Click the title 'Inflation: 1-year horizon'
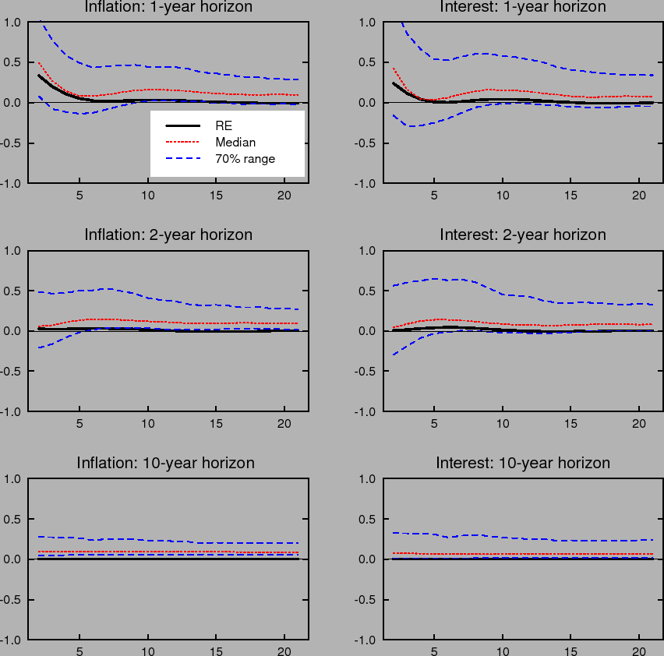(168, 7)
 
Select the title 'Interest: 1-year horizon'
(523, 7)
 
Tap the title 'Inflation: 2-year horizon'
(168, 235)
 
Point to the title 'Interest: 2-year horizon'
(523, 235)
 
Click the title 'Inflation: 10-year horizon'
(166, 463)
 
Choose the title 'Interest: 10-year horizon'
(523, 463)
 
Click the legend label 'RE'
(224, 125)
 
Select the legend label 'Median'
(235, 143)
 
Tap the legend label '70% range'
(245, 160)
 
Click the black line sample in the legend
(182, 125)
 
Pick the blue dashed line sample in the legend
(182, 160)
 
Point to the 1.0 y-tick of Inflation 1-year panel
(13, 22)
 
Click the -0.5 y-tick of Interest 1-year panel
(366, 143)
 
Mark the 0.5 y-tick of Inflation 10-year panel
(13, 519)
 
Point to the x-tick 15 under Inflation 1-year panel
(217, 196)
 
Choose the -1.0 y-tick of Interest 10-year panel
(366, 640)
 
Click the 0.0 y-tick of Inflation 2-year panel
(13, 331)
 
